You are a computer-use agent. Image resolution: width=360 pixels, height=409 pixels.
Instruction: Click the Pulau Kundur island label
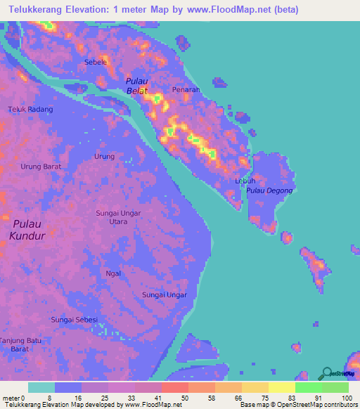pyautogui.click(x=27, y=229)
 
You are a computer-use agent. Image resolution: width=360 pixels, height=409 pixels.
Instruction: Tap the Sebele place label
pyautogui.click(x=95, y=62)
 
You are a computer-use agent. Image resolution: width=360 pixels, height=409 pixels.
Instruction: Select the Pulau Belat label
pyautogui.click(x=138, y=86)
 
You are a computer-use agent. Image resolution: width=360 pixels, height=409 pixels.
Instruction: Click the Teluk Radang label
pyautogui.click(x=30, y=110)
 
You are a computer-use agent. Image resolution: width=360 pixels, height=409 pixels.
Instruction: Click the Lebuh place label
pyautogui.click(x=245, y=181)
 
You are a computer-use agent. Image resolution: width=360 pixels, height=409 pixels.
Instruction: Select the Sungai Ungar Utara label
pyautogui.click(x=118, y=217)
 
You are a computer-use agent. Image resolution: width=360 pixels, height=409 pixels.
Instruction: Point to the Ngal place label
pyautogui.click(x=113, y=273)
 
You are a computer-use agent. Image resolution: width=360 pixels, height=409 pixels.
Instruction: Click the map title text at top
pyautogui.click(x=149, y=10)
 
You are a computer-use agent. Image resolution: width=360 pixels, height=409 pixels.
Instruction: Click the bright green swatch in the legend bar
pyautogui.click(x=308, y=387)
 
